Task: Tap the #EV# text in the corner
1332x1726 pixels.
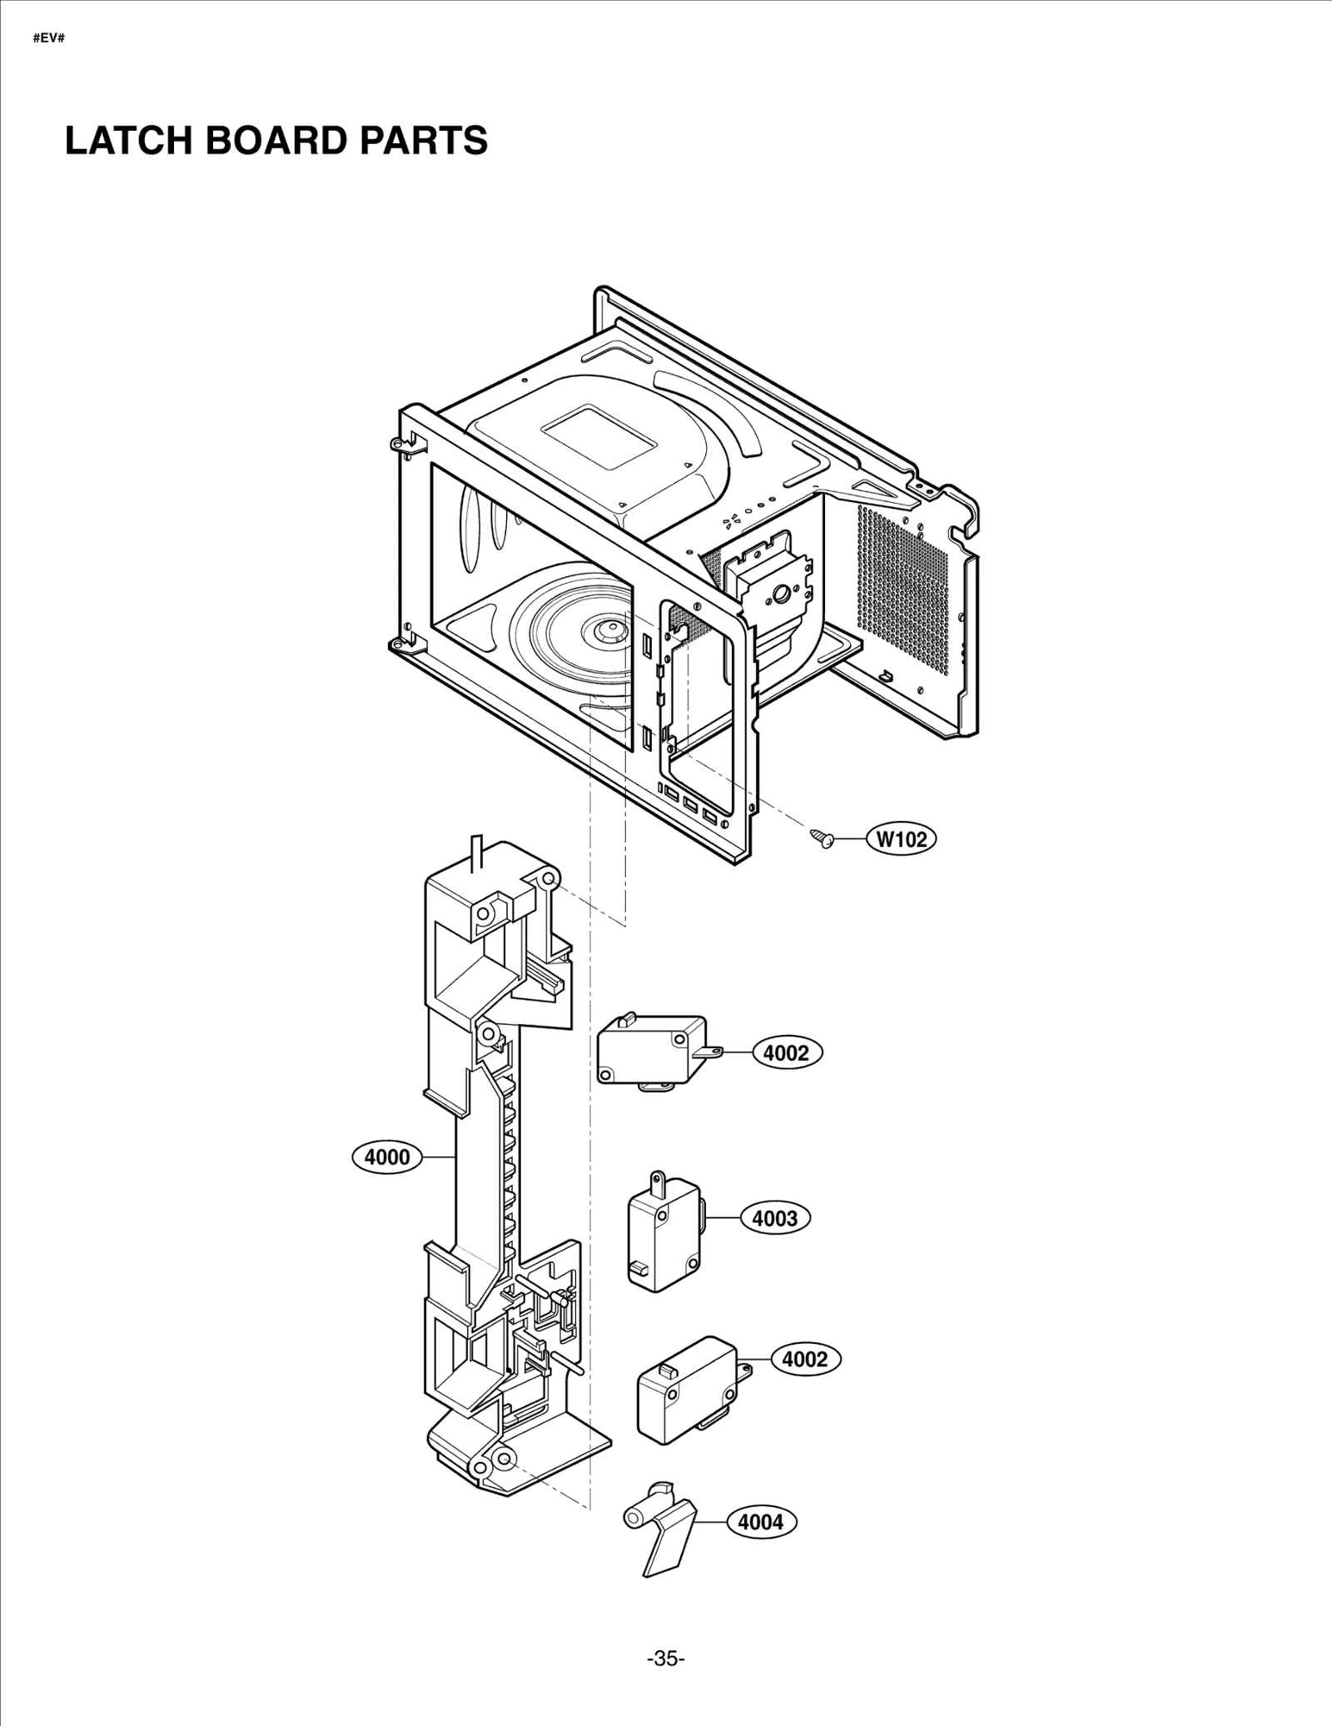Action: point(48,39)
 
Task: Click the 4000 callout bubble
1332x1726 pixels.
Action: point(387,1156)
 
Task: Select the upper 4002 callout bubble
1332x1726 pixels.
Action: point(786,1053)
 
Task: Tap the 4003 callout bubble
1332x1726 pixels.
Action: point(774,1218)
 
